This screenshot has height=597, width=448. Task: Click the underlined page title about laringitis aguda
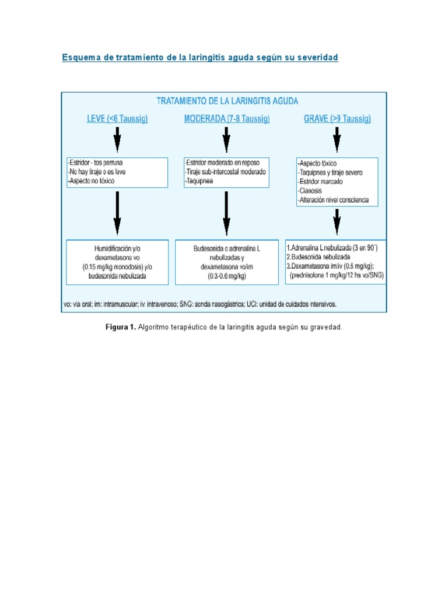(200, 58)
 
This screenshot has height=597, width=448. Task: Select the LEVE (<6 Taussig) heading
(117, 119)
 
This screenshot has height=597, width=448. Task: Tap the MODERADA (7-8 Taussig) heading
(227, 119)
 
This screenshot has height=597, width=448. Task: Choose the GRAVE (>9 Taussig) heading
(337, 119)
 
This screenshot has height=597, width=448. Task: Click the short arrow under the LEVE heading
(117, 141)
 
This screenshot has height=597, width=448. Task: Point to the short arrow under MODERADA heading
(226, 141)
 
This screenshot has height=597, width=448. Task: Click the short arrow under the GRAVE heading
(337, 141)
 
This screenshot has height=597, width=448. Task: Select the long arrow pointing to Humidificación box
(117, 213)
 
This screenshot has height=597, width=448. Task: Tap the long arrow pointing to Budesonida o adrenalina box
(226, 213)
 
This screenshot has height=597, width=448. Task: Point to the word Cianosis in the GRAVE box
(311, 191)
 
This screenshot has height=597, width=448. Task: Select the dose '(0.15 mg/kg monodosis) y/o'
(117, 266)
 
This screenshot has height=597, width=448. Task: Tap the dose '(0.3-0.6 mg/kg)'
(226, 276)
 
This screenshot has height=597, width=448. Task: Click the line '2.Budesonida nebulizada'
(318, 257)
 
